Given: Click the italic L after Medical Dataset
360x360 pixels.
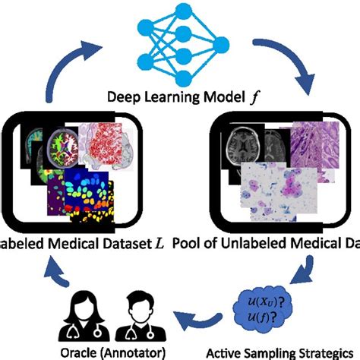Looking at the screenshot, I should [x=159, y=243].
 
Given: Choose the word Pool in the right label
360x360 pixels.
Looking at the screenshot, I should [x=188, y=243].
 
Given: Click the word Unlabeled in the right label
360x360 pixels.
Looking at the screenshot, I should [x=250, y=243].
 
